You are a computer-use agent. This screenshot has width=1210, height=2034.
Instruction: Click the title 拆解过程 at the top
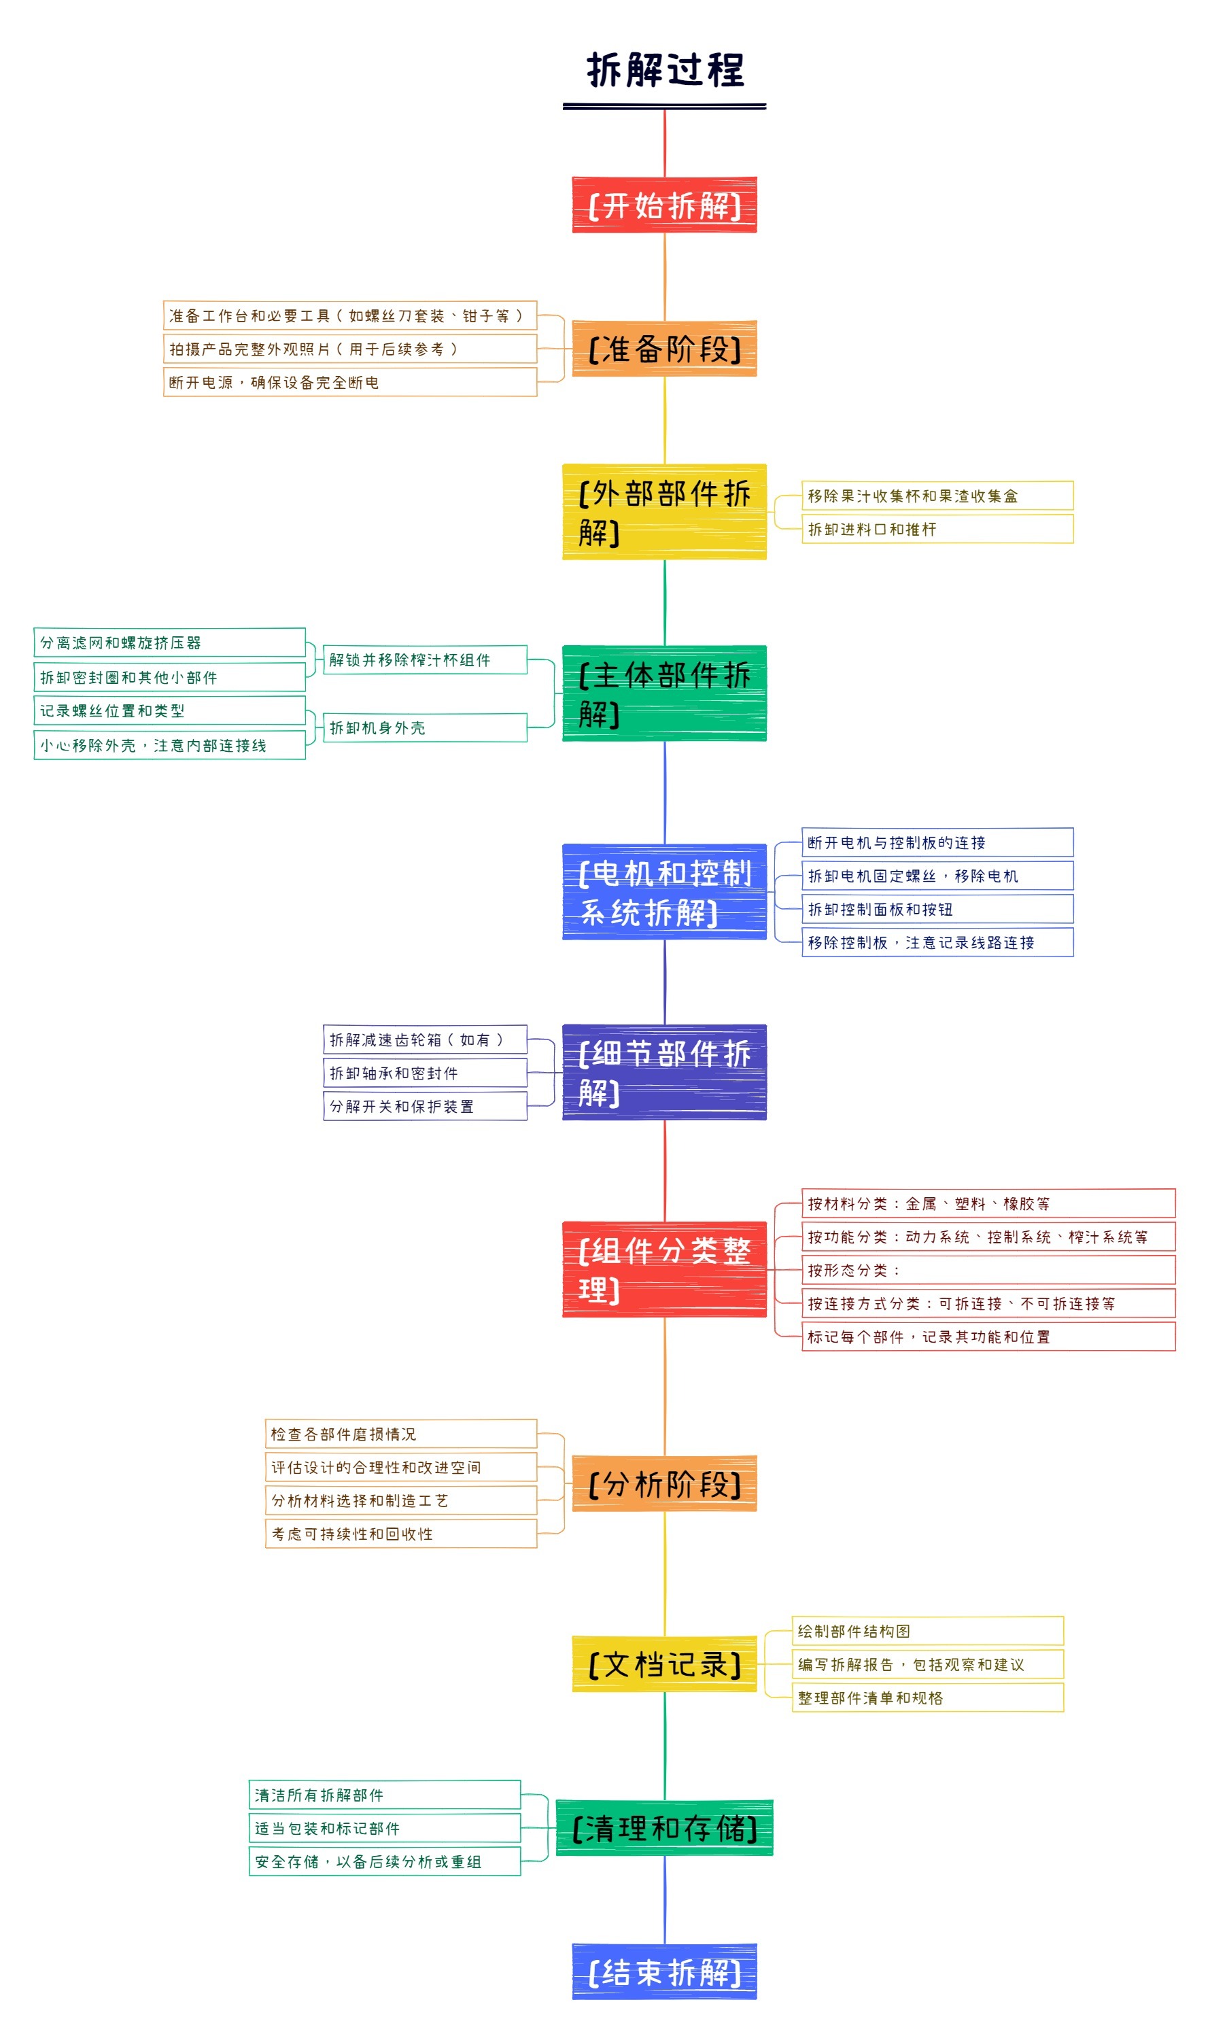[665, 70]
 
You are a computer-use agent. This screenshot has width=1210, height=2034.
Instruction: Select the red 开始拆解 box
[665, 205]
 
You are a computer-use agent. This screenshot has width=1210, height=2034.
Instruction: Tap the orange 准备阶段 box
[665, 349]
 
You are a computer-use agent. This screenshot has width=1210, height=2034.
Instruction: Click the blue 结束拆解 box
[665, 1973]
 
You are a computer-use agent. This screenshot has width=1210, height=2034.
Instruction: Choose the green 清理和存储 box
[665, 1829]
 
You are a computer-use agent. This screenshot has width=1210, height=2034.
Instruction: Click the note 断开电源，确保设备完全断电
[350, 382]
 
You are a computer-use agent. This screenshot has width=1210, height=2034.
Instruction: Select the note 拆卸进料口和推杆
[937, 529]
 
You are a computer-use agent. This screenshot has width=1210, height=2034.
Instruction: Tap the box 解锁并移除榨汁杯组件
[425, 660]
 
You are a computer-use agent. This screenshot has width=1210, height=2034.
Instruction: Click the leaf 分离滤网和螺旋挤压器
[169, 643]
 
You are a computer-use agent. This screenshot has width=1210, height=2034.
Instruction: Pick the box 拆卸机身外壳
[425, 728]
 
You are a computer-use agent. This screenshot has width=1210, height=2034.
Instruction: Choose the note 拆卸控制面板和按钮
[937, 909]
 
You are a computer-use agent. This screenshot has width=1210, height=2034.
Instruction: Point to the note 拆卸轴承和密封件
[425, 1073]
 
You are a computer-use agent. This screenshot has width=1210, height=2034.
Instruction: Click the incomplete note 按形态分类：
[988, 1270]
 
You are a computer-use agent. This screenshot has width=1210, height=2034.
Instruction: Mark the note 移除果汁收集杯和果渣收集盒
[937, 496]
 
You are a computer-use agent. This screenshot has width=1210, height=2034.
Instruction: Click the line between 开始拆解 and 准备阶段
[665, 277]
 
